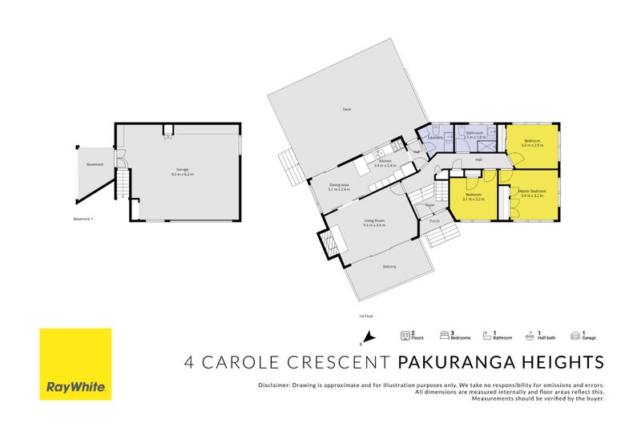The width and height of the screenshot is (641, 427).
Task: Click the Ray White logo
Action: [x=76, y=365]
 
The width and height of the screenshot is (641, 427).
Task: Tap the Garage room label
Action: [x=183, y=169]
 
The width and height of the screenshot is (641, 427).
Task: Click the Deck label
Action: [x=347, y=109]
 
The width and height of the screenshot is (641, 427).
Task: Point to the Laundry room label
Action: [x=435, y=137]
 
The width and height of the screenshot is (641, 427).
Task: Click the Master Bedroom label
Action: [x=533, y=191]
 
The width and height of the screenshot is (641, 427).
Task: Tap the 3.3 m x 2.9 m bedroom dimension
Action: [x=532, y=146]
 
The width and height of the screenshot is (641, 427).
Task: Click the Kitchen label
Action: [x=385, y=161]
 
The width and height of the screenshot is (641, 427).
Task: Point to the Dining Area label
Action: [x=339, y=185]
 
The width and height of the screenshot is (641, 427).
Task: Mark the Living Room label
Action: [x=375, y=221]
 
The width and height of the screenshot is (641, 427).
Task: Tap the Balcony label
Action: [x=389, y=266]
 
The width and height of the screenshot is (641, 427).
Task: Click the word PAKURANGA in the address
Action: [x=449, y=362]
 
